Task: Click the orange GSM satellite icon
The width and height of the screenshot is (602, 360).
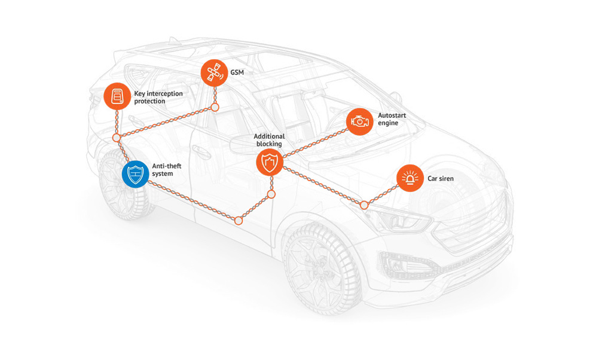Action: pyautogui.click(x=213, y=73)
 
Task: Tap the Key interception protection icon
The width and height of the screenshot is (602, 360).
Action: pyautogui.click(x=117, y=96)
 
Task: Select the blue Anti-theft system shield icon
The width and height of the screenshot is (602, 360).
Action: pyautogui.click(x=135, y=174)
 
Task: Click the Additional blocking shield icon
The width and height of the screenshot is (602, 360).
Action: pyautogui.click(x=270, y=162)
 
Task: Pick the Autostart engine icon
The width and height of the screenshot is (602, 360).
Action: pyautogui.click(x=359, y=121)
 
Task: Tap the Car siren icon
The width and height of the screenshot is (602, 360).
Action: pyautogui.click(x=410, y=178)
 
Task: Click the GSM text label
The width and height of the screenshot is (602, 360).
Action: pyautogui.click(x=237, y=73)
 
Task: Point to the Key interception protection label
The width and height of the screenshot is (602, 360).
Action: pyautogui.click(x=158, y=97)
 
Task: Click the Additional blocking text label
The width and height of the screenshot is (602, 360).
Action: pyautogui.click(x=269, y=140)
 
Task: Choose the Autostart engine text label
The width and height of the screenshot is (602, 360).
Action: pyautogui.click(x=389, y=118)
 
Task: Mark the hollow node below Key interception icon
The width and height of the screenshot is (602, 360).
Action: pyautogui.click(x=117, y=138)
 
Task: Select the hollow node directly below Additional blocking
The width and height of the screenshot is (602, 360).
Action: pyautogui.click(x=271, y=194)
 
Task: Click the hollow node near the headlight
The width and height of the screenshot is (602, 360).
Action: pyautogui.click(x=364, y=205)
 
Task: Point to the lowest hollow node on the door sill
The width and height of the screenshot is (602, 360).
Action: pyautogui.click(x=239, y=221)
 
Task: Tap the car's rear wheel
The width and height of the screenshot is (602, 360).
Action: pyautogui.click(x=123, y=185)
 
